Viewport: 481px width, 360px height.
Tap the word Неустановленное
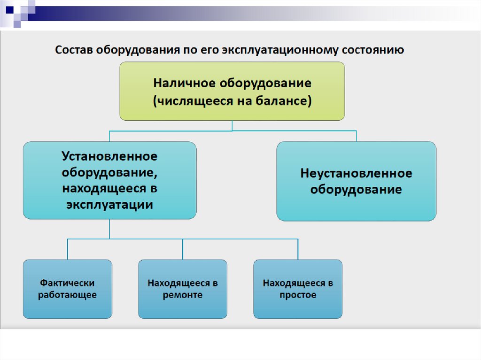[x=356, y=173]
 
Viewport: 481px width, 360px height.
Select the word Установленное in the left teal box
[x=109, y=155]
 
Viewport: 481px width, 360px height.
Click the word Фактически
[x=67, y=283]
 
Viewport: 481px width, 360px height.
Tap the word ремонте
[x=182, y=295]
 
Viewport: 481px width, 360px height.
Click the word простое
[x=298, y=295]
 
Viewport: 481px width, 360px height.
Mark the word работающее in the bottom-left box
[x=67, y=295]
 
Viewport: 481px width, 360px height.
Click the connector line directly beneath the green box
[x=232, y=125]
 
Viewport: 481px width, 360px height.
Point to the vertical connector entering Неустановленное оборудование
[x=356, y=136]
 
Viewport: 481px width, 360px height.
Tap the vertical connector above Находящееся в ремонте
[x=182, y=249]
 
